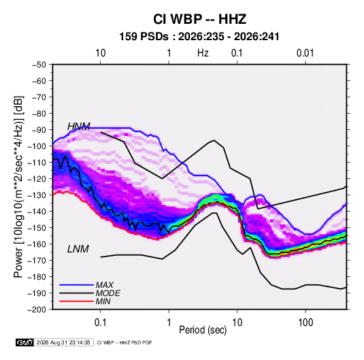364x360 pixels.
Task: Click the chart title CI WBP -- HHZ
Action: click(199, 19)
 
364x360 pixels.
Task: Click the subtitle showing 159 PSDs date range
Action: click(199, 37)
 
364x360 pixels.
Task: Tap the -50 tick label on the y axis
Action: click(39, 65)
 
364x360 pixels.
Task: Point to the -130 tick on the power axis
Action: click(37, 195)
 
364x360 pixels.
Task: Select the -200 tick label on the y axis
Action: click(37, 310)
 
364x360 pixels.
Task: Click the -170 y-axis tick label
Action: click(37, 261)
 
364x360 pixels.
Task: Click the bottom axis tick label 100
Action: click(305, 323)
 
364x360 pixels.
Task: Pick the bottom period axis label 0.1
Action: click(100, 323)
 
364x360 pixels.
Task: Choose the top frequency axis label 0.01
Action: click(305, 53)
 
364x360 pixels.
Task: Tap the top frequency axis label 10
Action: click(100, 53)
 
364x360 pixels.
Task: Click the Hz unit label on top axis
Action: click(203, 53)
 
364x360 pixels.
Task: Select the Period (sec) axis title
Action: click(203, 330)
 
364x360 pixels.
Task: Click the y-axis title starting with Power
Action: click(18, 187)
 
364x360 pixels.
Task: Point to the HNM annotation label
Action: click(79, 127)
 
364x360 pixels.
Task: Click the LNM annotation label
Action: click(78, 249)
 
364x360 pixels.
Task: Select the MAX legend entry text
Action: click(105, 285)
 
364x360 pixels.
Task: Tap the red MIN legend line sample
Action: click(76, 301)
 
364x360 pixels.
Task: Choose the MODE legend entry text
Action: click(107, 293)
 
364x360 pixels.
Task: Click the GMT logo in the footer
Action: click(25, 342)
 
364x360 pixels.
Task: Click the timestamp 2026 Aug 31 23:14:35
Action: click(63, 342)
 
